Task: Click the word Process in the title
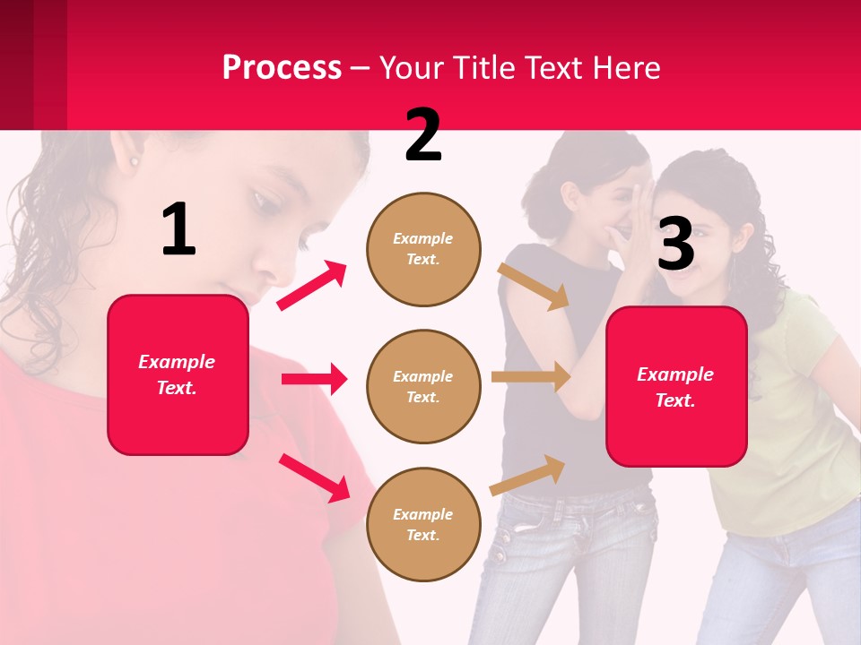coord(282,68)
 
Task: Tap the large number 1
coord(178,230)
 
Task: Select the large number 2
coord(423,135)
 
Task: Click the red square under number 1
coord(178,374)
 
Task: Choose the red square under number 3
coord(676,386)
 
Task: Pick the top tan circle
coord(423,249)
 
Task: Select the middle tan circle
coord(423,386)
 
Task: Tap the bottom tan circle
coord(423,524)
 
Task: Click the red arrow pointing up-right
coord(312,286)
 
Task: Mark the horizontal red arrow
coord(314,379)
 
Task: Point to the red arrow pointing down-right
coord(315,477)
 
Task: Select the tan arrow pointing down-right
coord(534,286)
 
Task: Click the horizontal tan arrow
coord(530,376)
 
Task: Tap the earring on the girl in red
coord(135,162)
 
